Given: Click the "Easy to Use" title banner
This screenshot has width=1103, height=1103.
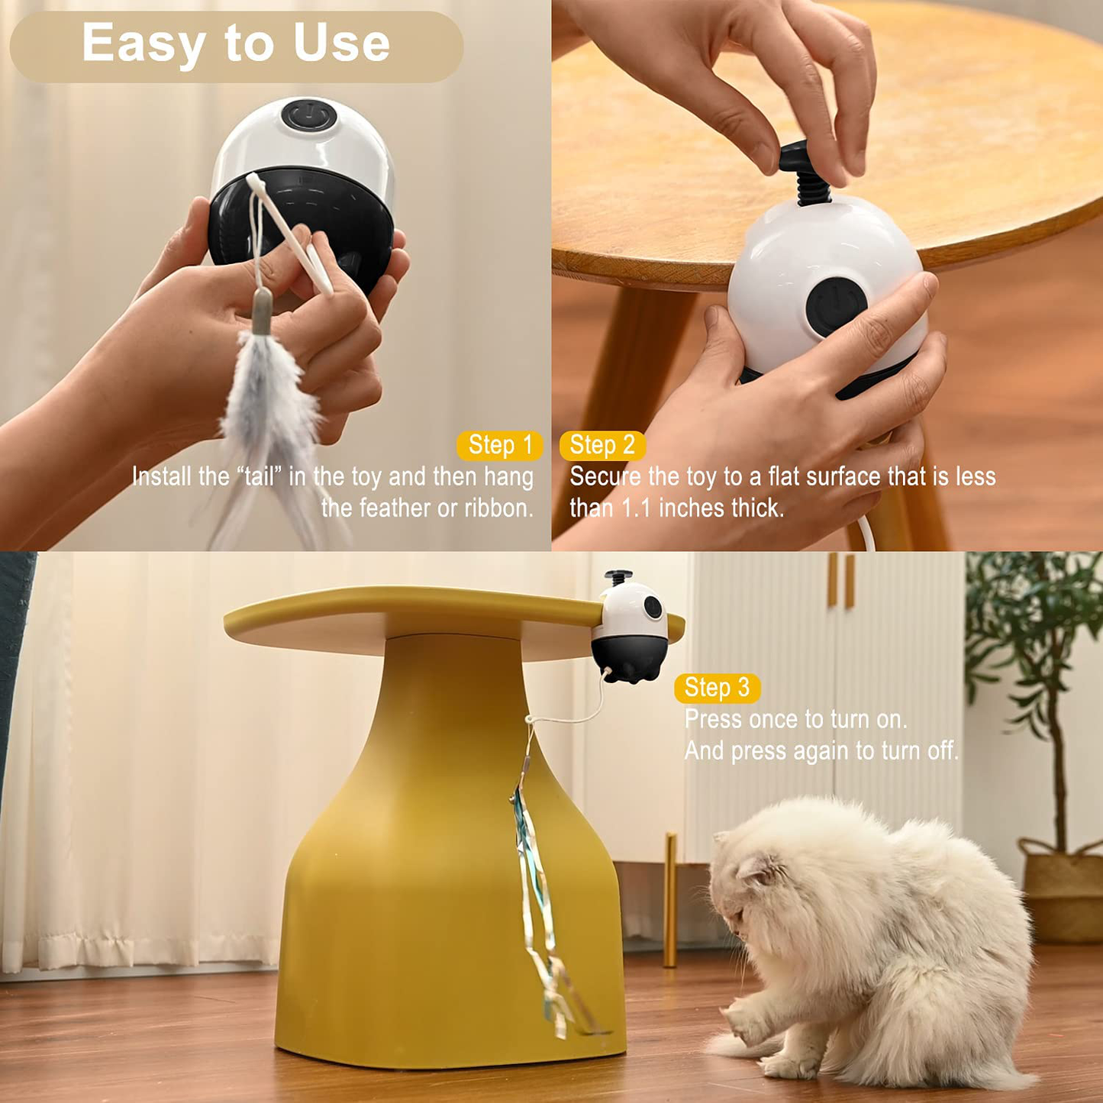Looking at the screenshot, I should point(236,46).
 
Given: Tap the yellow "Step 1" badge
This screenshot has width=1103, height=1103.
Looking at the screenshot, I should point(500,445).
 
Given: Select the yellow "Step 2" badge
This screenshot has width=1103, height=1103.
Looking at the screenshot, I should point(602,445).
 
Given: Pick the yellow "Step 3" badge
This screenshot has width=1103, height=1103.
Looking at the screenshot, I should point(717,688).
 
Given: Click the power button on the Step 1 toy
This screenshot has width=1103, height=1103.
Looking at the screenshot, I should point(309,117).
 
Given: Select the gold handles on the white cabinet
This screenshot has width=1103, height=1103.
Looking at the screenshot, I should point(840,580).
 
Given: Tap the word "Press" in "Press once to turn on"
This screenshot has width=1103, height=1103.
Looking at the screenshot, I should point(713,720).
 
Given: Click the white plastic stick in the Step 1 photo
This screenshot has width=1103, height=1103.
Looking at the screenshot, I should point(290,233).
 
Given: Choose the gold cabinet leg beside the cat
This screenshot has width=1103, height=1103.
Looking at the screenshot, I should point(670,901).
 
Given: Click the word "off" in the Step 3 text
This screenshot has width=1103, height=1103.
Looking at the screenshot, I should point(942,751).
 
